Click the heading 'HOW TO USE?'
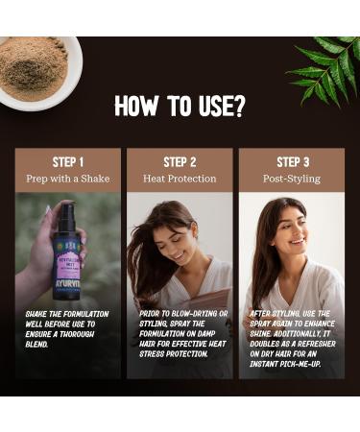[180, 106]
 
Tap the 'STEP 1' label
[67, 161]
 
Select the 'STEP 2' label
[180, 161]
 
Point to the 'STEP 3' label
[293, 161]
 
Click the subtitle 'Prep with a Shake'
[67, 179]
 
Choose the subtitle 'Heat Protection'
[180, 179]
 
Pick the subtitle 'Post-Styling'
[293, 179]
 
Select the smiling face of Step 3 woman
[293, 230]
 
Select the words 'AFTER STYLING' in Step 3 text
[276, 313]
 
